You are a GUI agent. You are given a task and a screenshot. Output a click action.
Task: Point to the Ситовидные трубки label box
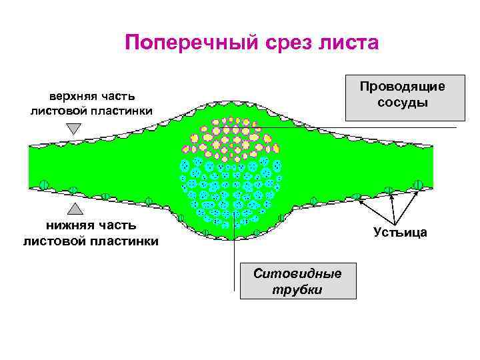tap(297, 281)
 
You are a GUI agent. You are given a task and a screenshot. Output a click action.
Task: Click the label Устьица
tap(400, 232)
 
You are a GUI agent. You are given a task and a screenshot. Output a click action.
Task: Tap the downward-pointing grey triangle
tap(74, 128)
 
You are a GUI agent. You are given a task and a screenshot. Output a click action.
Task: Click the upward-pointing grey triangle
tap(74, 209)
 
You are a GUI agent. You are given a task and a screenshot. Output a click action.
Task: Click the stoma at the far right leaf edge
tap(418, 185)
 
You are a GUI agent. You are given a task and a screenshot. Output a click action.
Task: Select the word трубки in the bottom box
tap(297, 290)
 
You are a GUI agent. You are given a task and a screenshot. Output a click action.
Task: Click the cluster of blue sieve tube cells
tap(227, 190)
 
